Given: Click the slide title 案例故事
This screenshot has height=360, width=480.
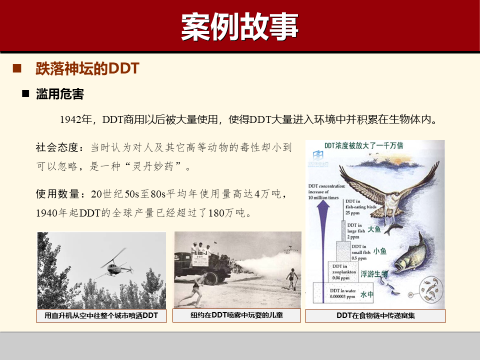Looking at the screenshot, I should coord(239,26).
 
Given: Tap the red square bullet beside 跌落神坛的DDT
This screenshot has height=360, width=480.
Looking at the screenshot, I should coord(17,68).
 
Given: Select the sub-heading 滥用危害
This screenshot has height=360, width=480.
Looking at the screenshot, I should coord(60,94).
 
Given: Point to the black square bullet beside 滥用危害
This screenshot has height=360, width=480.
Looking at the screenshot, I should coord(26,93).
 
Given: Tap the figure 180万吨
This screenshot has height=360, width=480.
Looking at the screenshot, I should coord(226,213).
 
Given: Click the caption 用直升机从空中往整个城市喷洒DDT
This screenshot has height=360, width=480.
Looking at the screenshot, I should coord(101,316).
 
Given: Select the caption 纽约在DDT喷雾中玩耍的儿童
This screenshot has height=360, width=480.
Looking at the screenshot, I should coord(237,315).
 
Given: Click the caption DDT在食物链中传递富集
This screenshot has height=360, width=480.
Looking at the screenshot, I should coord(375,316).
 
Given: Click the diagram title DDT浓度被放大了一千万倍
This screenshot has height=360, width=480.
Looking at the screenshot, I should coord(364,145).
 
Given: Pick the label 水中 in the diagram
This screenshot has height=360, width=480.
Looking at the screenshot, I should coord(367,295).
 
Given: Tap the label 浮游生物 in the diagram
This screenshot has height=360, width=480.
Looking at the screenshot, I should coord(374,274).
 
